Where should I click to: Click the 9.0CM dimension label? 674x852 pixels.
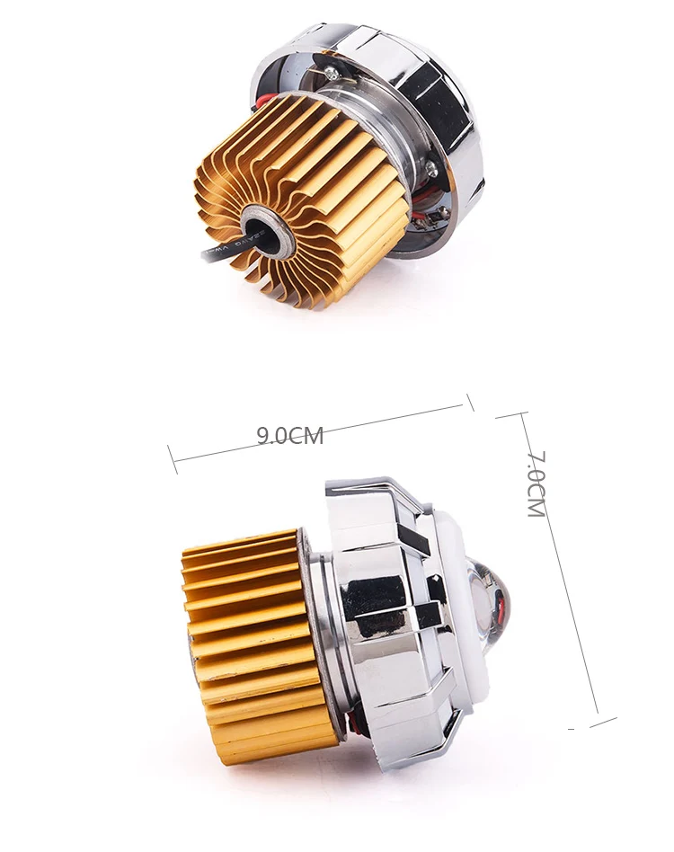point(289,437)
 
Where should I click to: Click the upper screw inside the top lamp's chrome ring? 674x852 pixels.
point(333,76)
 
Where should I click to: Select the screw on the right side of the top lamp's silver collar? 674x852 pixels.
point(431,167)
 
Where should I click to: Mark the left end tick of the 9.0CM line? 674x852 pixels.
point(172,459)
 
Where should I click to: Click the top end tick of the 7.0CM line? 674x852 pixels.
point(510,415)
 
